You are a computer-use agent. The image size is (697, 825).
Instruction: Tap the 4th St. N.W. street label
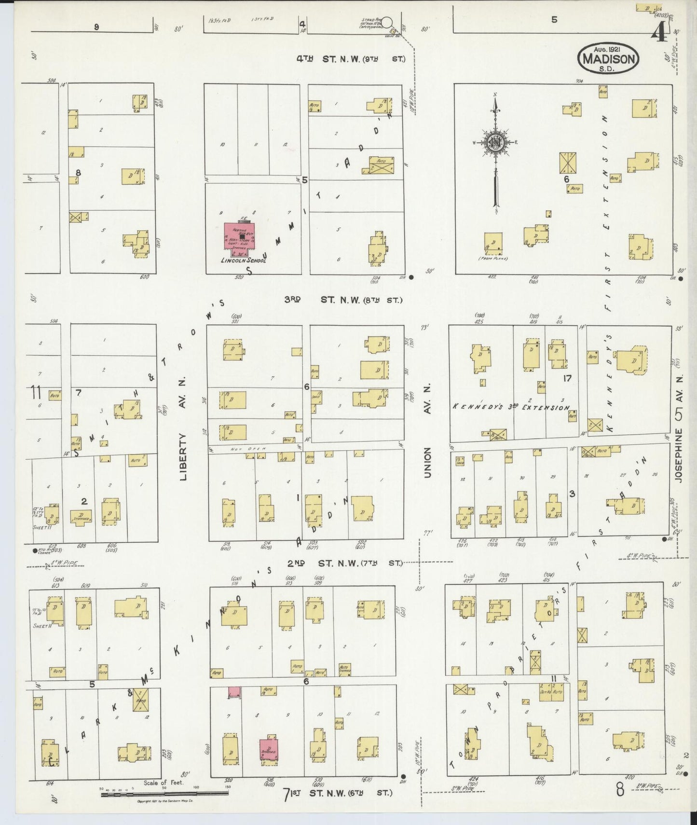[x=350, y=59]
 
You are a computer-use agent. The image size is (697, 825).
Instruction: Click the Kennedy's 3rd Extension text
[x=511, y=407]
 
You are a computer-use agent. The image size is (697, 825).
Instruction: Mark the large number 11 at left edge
[x=35, y=392]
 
